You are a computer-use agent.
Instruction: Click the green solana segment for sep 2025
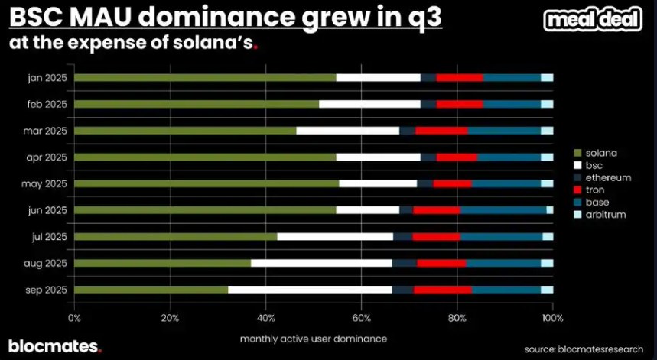[151, 290]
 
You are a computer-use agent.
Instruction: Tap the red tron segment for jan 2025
[459, 77]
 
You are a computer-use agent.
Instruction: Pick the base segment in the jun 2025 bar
[503, 209]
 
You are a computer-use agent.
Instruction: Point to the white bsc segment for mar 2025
[347, 131]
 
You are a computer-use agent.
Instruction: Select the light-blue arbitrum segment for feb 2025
[547, 104]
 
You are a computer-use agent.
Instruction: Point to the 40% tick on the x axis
[265, 317]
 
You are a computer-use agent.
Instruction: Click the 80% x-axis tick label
[457, 317]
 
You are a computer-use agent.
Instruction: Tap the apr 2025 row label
[45, 157]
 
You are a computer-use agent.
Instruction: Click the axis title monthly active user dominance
[313, 338]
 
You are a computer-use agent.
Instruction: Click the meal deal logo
[593, 20]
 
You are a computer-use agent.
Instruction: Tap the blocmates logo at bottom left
[54, 346]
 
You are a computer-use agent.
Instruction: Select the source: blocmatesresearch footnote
[583, 349]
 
